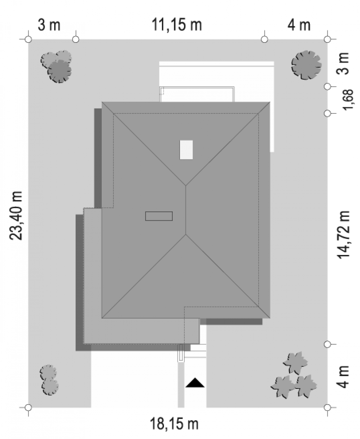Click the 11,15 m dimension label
coord(177,25)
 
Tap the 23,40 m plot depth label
coord(16,216)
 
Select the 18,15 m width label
coord(174,424)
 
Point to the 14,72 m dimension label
coord(344,235)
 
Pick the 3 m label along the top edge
coord(49,25)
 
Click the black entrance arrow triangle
coord(195,383)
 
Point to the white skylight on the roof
coord(186,150)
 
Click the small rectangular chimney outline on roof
coord(159,216)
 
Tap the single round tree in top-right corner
coord(306,65)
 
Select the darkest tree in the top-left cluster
coord(60,71)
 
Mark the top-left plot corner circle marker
coord(28,39)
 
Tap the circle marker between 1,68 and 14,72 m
coord(327,113)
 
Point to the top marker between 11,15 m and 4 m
coord(265,39)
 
